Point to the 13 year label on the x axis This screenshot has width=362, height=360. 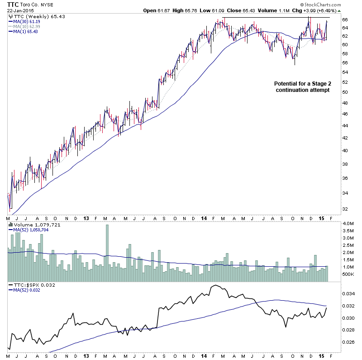[x=86, y=218]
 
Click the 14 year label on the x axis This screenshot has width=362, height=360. [x=203, y=218]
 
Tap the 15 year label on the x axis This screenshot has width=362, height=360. [x=321, y=218]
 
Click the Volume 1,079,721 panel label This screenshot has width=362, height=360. [x=32, y=224]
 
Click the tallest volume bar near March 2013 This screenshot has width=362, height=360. [x=107, y=249]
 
